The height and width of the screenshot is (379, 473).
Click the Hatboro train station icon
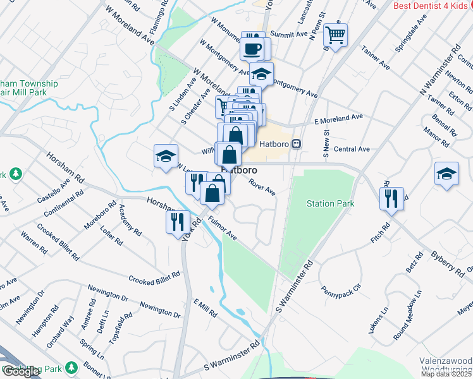tap(296, 143)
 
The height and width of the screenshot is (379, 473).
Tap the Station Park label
tap(330, 204)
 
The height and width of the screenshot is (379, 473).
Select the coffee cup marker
tap(254, 48)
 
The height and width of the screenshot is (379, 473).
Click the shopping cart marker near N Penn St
tap(335, 34)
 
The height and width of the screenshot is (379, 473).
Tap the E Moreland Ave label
tap(338, 119)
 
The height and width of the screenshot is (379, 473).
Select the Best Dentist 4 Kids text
tap(433, 6)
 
